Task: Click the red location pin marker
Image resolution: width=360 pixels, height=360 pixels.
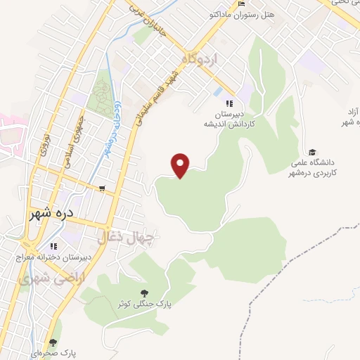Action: (x=181, y=165)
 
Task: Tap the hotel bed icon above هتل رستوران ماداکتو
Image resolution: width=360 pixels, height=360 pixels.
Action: (x=241, y=5)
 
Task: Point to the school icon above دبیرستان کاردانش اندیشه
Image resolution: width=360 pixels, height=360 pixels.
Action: (x=229, y=104)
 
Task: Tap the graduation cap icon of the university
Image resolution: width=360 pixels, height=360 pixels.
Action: (x=311, y=152)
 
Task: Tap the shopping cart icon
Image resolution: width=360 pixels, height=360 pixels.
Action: (x=103, y=188)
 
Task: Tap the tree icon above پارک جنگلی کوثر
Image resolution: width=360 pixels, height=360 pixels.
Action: (x=144, y=292)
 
